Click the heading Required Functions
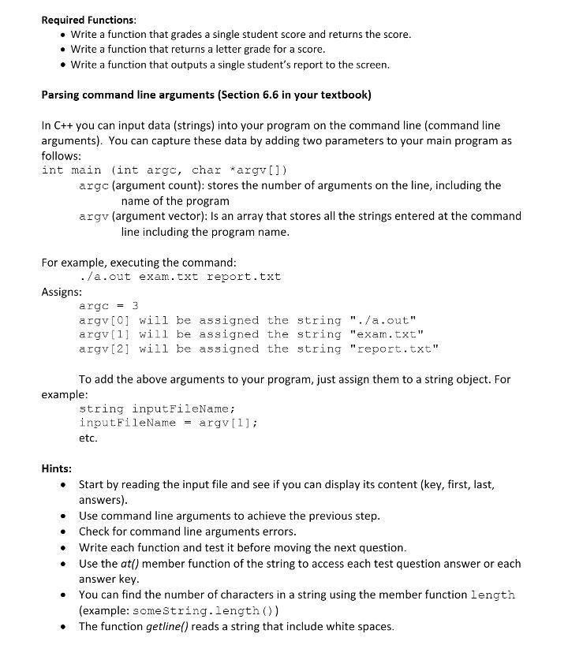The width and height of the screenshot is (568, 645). click(x=88, y=19)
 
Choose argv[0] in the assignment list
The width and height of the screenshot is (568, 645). click(x=105, y=321)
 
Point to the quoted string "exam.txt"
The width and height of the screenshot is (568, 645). click(x=380, y=335)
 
